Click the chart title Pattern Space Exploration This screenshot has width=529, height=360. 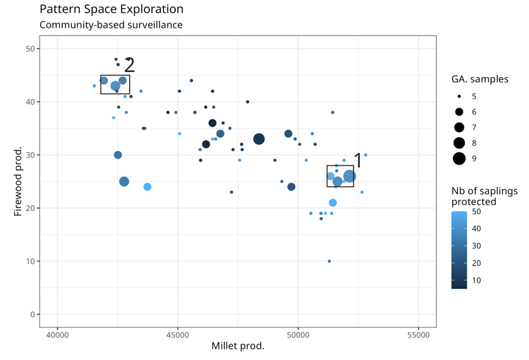click(112, 10)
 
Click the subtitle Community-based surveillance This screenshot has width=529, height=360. click(110, 25)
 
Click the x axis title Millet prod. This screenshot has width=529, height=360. click(238, 346)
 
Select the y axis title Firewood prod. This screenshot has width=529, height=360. click(18, 181)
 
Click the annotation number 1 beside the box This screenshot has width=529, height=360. click(358, 161)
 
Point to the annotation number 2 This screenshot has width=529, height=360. click(129, 65)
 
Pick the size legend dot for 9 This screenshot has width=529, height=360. click(459, 159)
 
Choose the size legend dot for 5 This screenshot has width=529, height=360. click(459, 96)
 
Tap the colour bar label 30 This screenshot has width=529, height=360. click(477, 246)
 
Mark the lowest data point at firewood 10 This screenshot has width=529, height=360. click(329, 261)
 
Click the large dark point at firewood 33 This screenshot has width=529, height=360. click(258, 139)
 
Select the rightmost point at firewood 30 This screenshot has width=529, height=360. click(365, 155)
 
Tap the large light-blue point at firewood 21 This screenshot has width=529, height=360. click(333, 203)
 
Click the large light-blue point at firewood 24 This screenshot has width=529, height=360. click(147, 187)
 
